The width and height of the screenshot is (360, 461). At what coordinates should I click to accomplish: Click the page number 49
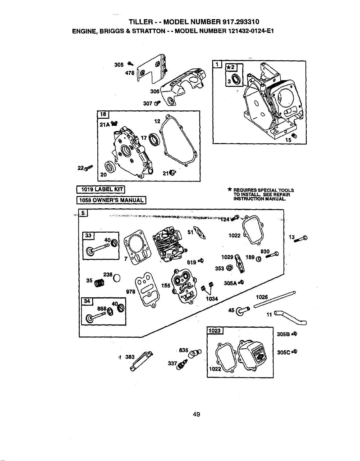196,414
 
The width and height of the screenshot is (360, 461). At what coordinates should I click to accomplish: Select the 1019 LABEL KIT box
101,189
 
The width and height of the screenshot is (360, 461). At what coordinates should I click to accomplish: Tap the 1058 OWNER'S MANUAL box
111,200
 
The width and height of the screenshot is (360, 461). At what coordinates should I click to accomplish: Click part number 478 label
130,73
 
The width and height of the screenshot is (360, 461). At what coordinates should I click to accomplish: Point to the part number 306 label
155,92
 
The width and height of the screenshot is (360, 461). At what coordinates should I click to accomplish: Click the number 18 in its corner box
103,114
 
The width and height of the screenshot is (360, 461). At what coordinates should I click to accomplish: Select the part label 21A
105,125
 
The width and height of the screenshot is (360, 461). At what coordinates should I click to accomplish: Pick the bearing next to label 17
153,139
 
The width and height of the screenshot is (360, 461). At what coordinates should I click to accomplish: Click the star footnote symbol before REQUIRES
229,189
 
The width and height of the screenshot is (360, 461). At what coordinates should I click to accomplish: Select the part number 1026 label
262,297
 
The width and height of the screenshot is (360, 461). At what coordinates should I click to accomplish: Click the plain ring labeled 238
117,278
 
